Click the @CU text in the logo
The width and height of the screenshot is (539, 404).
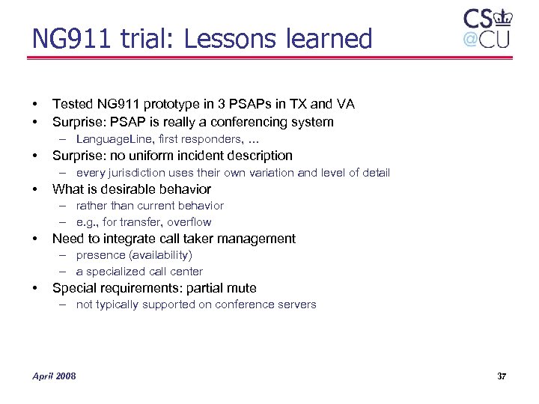pos(486,39)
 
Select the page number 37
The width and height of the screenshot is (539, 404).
pos(501,376)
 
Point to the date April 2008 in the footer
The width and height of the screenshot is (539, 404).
pos(54,376)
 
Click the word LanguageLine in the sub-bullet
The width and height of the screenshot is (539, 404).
pos(112,139)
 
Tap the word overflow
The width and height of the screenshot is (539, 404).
pos(189,221)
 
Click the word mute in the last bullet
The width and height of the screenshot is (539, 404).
pos(242,288)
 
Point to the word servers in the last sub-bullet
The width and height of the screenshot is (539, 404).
pos(297,304)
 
